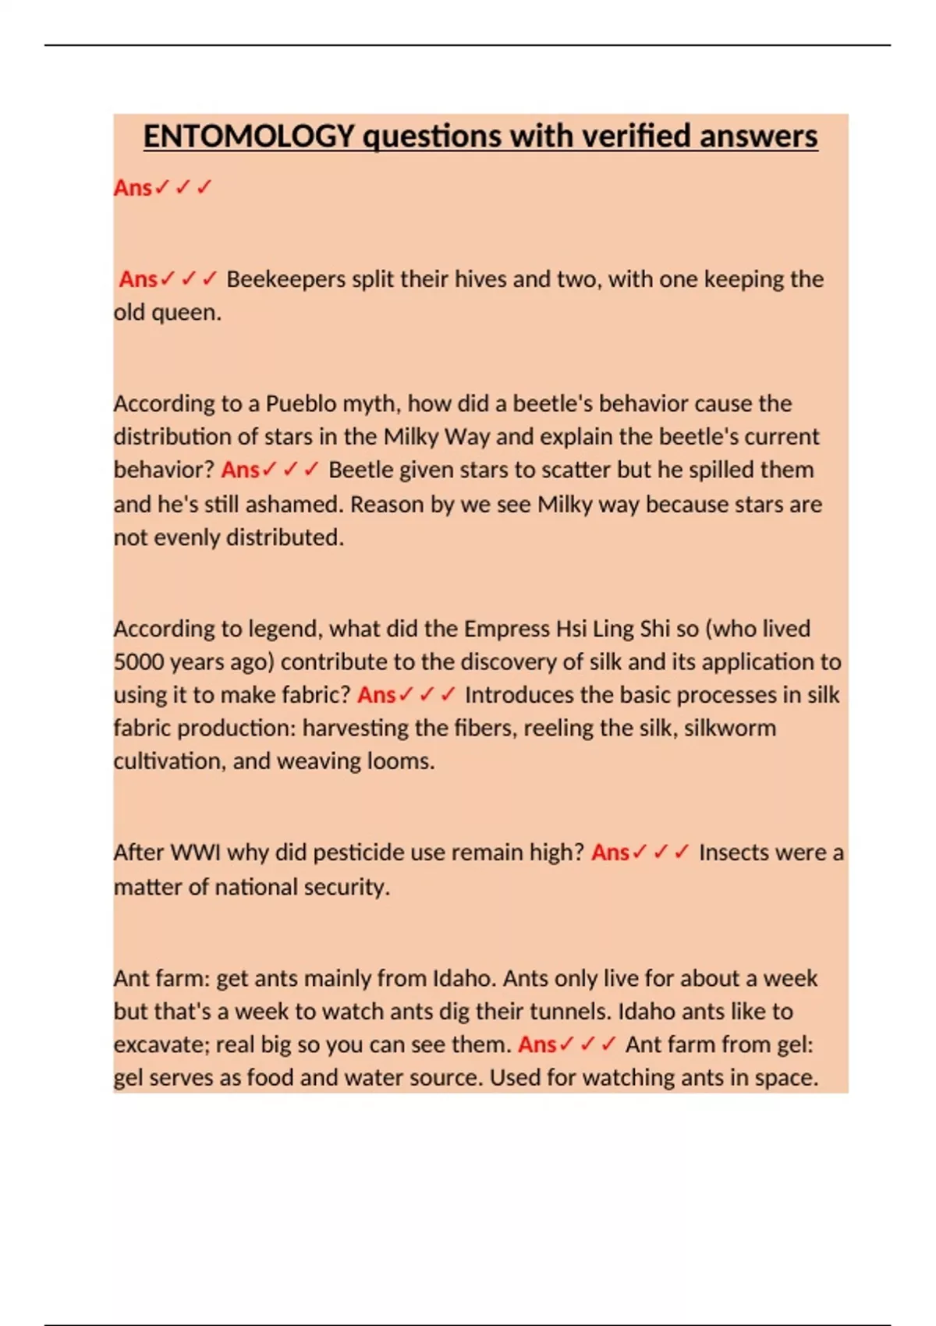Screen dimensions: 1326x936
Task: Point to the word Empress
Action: (x=505, y=629)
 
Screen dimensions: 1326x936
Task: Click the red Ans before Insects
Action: (x=610, y=853)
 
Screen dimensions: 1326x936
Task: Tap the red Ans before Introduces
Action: (x=377, y=695)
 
